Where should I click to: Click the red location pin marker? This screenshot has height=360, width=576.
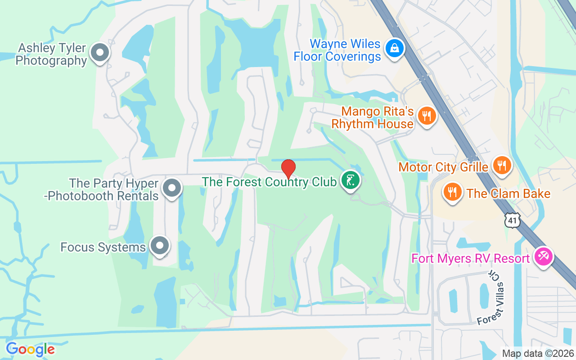288,169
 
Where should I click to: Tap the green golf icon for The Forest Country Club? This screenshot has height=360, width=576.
351,180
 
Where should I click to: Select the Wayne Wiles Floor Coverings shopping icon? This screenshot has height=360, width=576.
395,47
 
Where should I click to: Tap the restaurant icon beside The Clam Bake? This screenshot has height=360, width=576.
453,192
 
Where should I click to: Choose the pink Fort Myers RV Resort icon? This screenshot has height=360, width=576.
543,257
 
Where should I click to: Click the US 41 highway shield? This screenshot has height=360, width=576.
513,220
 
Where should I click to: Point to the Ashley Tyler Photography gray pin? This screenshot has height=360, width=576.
99,53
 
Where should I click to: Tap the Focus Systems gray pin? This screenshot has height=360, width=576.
159,246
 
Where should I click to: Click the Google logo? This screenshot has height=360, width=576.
30,349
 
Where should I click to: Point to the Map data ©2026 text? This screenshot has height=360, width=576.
538,354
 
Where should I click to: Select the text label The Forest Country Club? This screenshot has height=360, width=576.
269,182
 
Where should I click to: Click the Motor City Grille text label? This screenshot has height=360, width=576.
443,167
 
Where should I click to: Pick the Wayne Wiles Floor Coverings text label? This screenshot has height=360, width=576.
337,50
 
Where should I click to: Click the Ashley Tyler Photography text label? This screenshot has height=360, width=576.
51,54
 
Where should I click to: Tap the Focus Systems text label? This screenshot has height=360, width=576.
103,247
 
